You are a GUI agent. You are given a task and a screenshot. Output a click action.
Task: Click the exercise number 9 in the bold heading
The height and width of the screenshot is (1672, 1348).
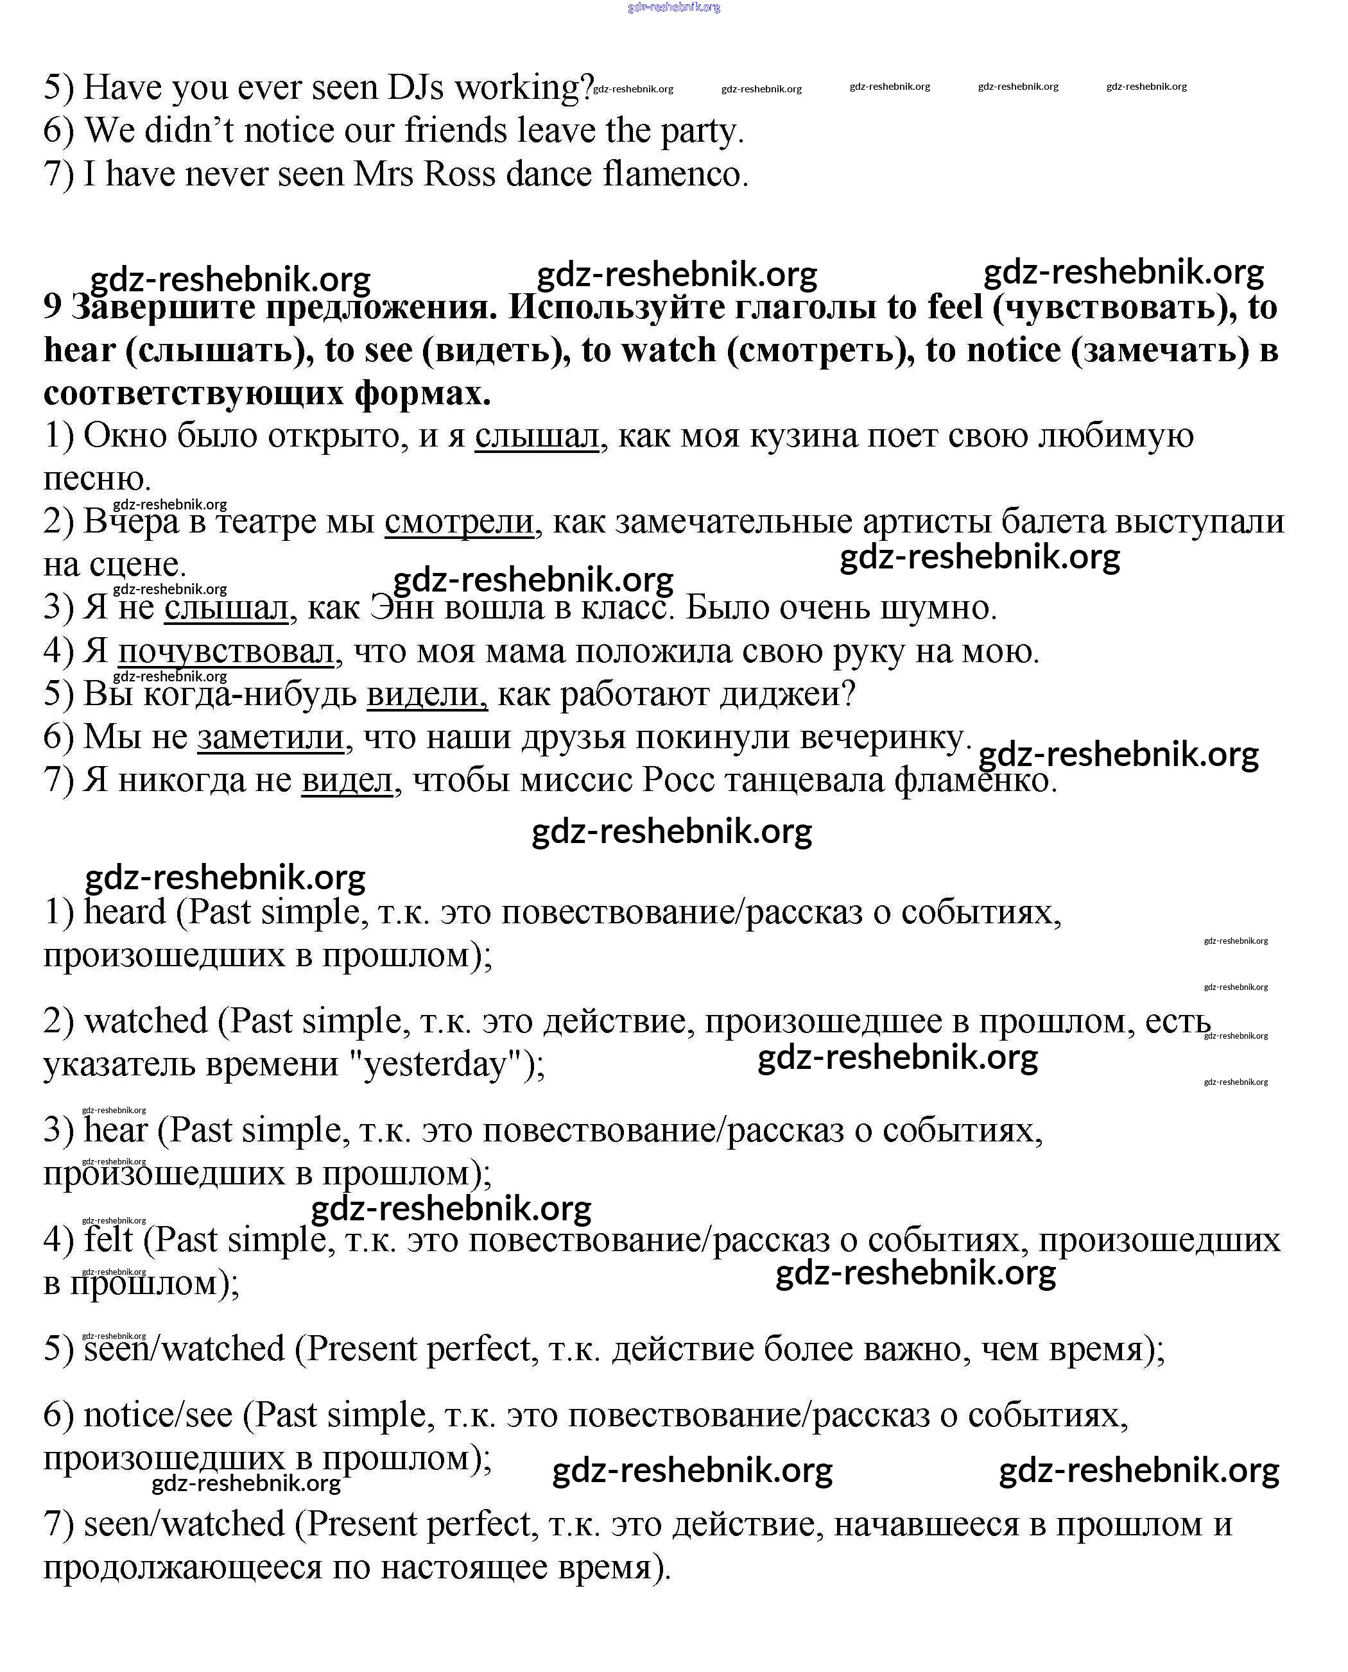click(x=52, y=307)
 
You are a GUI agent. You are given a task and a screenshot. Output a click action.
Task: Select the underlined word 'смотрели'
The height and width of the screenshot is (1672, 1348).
click(x=459, y=522)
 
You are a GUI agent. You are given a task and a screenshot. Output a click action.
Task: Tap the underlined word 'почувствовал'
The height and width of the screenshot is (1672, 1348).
click(x=226, y=651)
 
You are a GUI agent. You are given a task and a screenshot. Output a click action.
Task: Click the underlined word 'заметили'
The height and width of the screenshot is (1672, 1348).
click(x=270, y=737)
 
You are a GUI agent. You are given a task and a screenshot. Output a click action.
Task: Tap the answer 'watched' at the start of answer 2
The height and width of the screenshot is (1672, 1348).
click(x=146, y=1021)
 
